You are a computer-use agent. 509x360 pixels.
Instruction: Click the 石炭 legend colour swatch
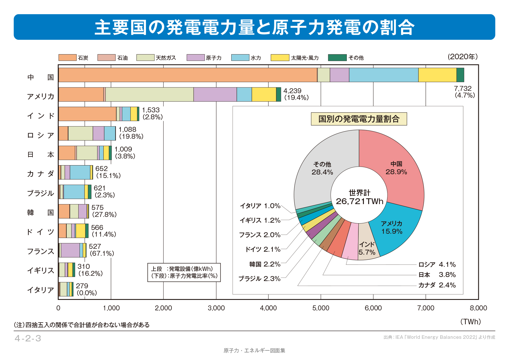67,57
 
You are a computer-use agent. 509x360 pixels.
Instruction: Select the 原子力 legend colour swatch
196,57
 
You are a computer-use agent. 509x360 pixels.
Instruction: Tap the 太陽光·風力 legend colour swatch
280,57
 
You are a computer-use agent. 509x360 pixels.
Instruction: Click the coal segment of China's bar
187,75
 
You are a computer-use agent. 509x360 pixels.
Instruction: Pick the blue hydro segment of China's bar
383,75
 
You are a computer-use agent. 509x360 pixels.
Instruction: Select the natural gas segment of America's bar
149,94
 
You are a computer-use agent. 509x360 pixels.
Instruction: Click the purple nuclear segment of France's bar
70,250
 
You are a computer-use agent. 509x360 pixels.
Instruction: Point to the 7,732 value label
463,88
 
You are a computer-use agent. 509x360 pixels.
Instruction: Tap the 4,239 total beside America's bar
292,91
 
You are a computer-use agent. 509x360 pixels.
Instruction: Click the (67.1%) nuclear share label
102,253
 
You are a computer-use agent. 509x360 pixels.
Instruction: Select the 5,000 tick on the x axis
321,308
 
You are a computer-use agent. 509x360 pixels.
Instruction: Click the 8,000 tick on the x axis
478,308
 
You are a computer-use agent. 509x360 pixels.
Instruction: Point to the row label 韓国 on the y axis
40,213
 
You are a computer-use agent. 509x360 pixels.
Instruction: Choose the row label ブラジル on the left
40,193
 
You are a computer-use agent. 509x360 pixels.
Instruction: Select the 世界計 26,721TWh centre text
359,197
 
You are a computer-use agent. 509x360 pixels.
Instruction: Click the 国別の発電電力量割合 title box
359,119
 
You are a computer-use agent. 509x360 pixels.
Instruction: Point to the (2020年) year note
463,57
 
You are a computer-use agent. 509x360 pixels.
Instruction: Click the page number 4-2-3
28,339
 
